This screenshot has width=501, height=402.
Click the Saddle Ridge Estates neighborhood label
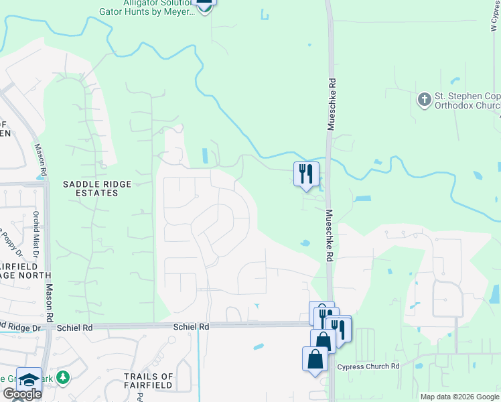coord(90,188)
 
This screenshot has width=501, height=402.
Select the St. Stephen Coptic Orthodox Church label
coord(467,101)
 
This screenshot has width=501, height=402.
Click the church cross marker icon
coord(423,100)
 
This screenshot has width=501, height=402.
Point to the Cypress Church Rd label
coord(368,366)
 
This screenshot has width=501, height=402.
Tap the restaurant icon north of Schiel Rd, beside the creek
coord(306,174)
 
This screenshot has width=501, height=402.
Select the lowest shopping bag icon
coord(315,359)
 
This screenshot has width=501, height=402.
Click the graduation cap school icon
coord(29,380)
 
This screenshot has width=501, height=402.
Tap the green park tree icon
coord(63,377)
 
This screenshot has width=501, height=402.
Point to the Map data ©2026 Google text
coord(459,397)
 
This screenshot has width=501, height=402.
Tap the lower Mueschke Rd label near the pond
coord(330,234)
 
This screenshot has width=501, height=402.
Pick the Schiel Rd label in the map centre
coord(192,326)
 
